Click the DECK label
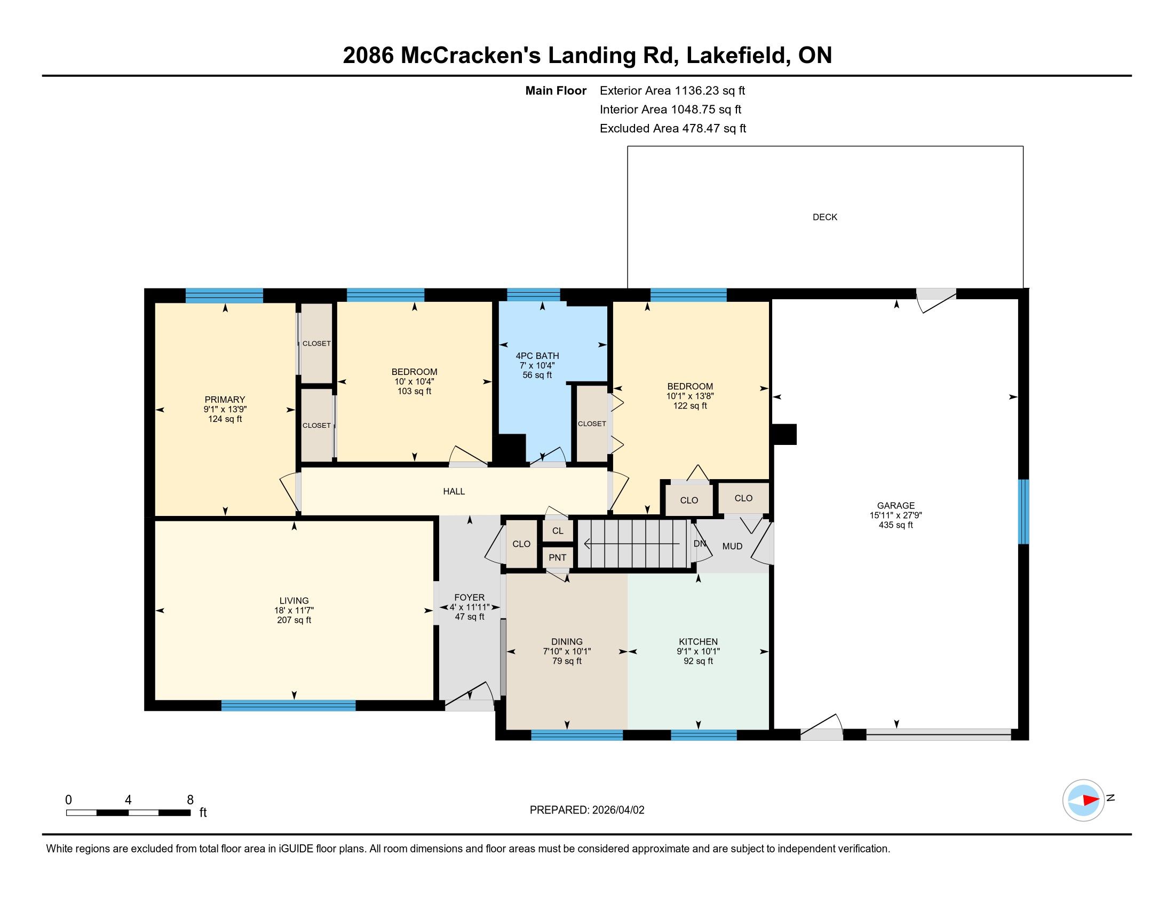(x=824, y=217)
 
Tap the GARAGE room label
(x=895, y=505)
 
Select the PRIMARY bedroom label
(x=225, y=400)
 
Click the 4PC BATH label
(x=537, y=356)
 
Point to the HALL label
(x=454, y=491)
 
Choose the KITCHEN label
(x=699, y=641)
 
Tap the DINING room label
(x=567, y=641)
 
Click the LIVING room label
(x=294, y=601)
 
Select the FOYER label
(x=469, y=598)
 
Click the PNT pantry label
(x=558, y=558)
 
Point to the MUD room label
(x=732, y=546)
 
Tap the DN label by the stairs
(x=700, y=544)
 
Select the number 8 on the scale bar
(x=190, y=800)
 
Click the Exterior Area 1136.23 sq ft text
(x=672, y=91)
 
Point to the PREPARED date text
(x=587, y=810)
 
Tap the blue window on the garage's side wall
(x=1024, y=512)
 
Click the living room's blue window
(x=288, y=705)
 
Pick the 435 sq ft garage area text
(x=895, y=525)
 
